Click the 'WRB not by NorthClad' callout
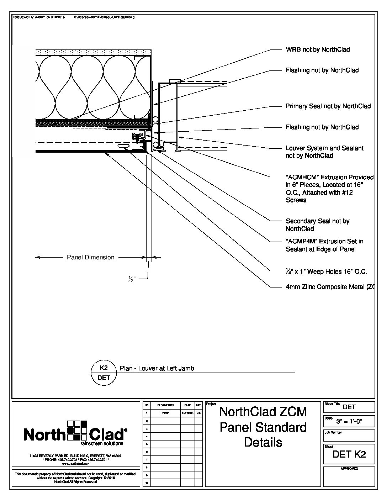click(318, 50)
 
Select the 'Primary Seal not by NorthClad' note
click(328, 106)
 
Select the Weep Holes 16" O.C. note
click(327, 272)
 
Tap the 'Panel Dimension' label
click(91, 257)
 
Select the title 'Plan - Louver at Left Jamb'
click(157, 369)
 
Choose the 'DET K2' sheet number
click(349, 454)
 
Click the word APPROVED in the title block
click(349, 469)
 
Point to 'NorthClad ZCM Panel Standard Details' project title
click(263, 427)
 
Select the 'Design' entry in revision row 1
click(165, 413)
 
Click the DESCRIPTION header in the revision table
click(165, 405)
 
